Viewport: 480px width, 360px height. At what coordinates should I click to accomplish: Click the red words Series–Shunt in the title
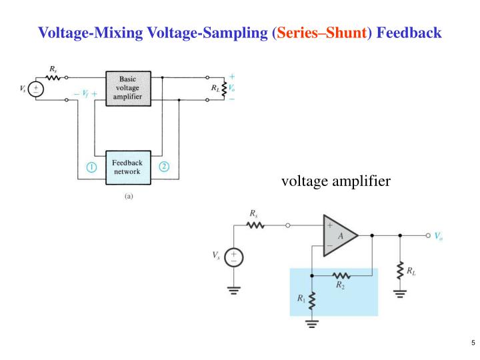click(x=322, y=32)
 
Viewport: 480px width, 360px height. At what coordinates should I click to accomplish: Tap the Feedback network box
click(x=128, y=167)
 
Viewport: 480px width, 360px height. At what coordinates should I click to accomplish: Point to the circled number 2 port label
click(x=164, y=167)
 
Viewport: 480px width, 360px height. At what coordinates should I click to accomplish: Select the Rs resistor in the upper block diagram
click(x=53, y=77)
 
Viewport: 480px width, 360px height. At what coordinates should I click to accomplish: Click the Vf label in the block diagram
click(x=85, y=94)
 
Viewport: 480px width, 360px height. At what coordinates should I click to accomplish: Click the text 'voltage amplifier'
click(x=335, y=181)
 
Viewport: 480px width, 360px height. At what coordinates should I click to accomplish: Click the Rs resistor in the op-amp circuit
click(x=255, y=225)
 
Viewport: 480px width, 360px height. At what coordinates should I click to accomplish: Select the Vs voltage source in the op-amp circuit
click(x=234, y=257)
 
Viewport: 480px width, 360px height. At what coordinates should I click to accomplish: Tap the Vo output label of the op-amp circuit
click(x=439, y=235)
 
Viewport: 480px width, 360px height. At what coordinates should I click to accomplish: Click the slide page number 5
click(x=472, y=343)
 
